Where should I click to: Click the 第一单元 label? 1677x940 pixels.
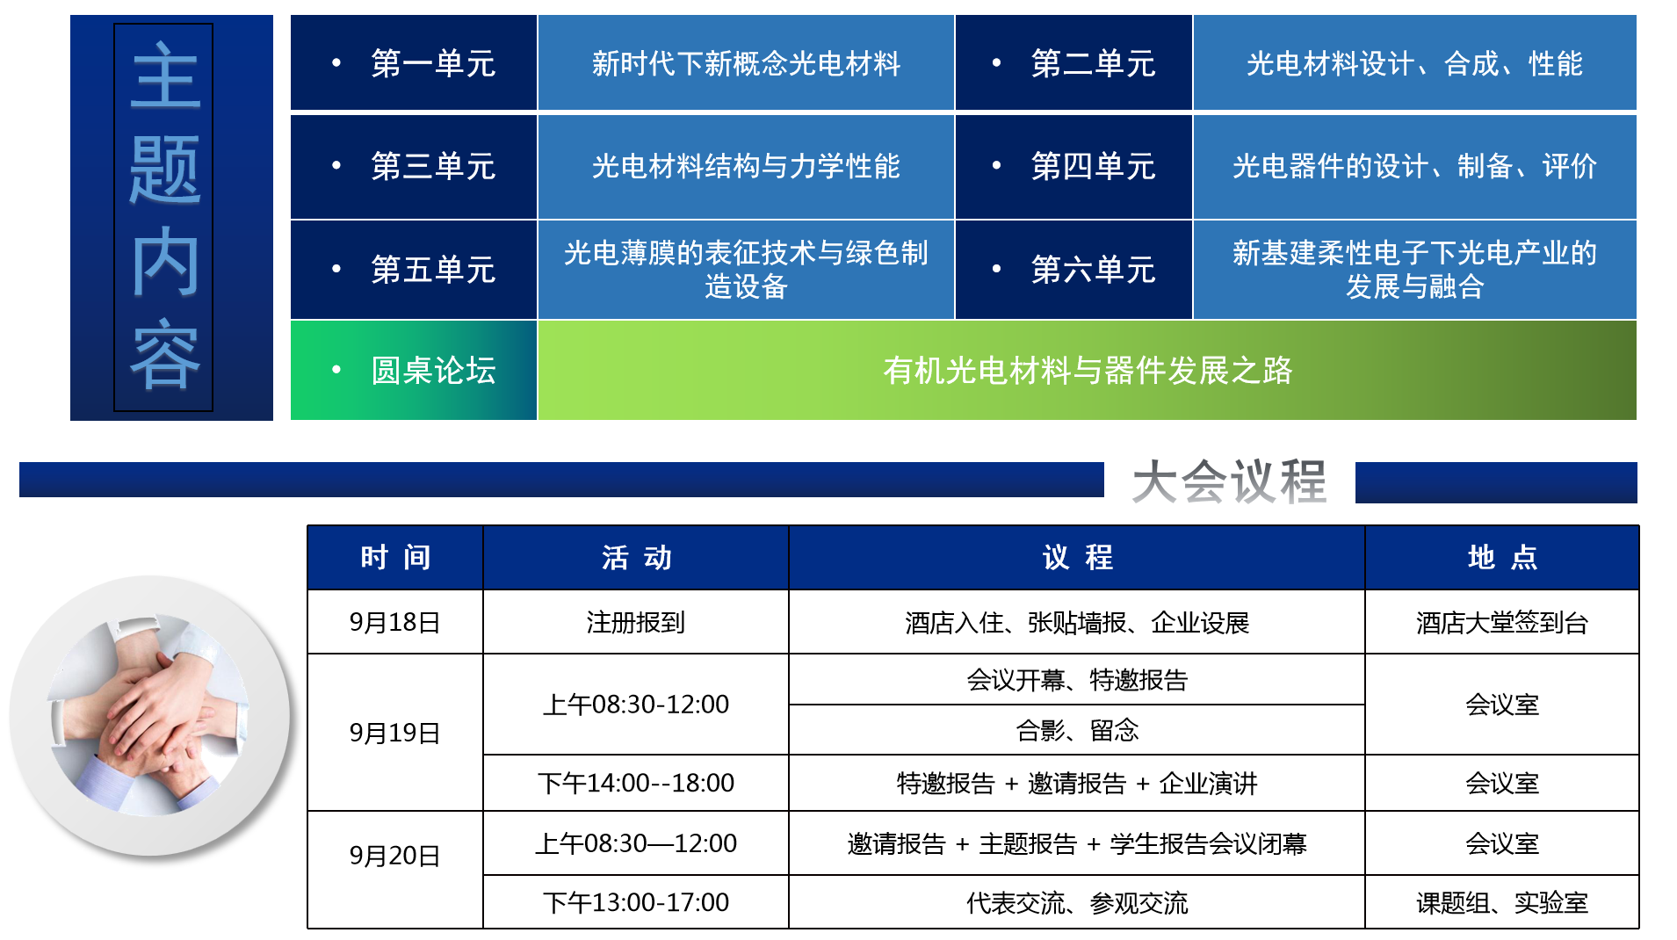[433, 63]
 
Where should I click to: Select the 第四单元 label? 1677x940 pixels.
[1093, 166]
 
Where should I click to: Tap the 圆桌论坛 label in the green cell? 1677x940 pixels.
[433, 371]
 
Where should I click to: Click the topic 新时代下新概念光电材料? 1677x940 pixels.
[746, 63]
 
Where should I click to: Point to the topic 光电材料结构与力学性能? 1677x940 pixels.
[746, 166]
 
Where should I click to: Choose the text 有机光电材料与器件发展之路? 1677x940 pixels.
[1088, 371]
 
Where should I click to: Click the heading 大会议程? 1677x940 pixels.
[1229, 481]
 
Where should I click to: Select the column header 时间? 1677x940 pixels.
[395, 557]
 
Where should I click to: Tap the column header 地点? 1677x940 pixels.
[1502, 557]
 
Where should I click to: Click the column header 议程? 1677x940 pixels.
[1077, 557]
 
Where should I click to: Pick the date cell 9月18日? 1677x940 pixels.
[394, 623]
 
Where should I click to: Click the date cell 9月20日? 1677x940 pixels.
[394, 856]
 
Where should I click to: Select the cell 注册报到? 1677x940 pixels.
[635, 623]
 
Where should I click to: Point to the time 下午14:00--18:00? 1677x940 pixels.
[635, 783]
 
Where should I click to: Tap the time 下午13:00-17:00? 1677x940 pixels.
[635, 902]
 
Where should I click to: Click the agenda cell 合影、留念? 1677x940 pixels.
[1077, 730]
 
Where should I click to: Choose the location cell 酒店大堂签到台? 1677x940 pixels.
[1502, 623]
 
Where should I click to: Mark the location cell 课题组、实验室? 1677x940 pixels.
[1502, 902]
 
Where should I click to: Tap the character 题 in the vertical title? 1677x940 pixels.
[164, 170]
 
